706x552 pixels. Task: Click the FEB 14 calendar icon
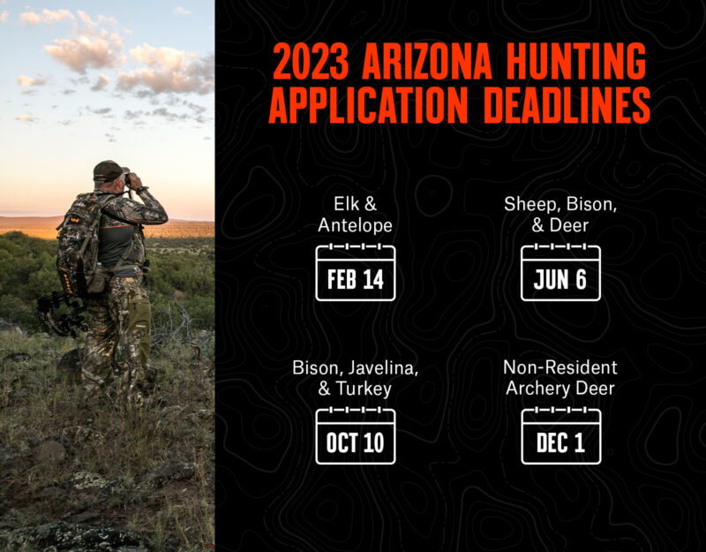355,273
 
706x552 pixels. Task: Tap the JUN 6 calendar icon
560,273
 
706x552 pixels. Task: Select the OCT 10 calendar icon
355,435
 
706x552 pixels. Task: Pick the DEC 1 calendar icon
560,435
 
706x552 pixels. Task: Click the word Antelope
355,226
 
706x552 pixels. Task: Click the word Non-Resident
560,367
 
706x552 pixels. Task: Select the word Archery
539,388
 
